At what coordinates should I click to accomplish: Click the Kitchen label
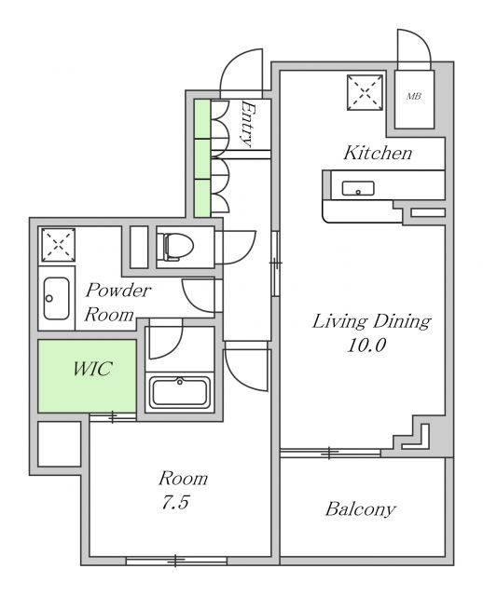(378, 153)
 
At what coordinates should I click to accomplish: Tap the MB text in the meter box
(414, 96)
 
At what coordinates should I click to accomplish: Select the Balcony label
(361, 509)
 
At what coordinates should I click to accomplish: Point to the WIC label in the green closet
(92, 369)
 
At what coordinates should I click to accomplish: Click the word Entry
(248, 124)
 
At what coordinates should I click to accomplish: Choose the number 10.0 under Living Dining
(366, 345)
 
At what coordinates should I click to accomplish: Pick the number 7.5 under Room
(175, 503)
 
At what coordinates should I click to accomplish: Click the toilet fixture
(175, 246)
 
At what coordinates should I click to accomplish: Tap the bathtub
(180, 392)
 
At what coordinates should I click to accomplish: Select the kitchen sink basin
(358, 188)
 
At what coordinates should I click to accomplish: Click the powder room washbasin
(56, 298)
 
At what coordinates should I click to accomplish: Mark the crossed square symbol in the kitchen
(365, 92)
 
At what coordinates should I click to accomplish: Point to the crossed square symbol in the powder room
(58, 245)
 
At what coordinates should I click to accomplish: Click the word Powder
(118, 291)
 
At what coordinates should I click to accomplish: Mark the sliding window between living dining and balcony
(330, 453)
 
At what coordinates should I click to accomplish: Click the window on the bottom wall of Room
(176, 561)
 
